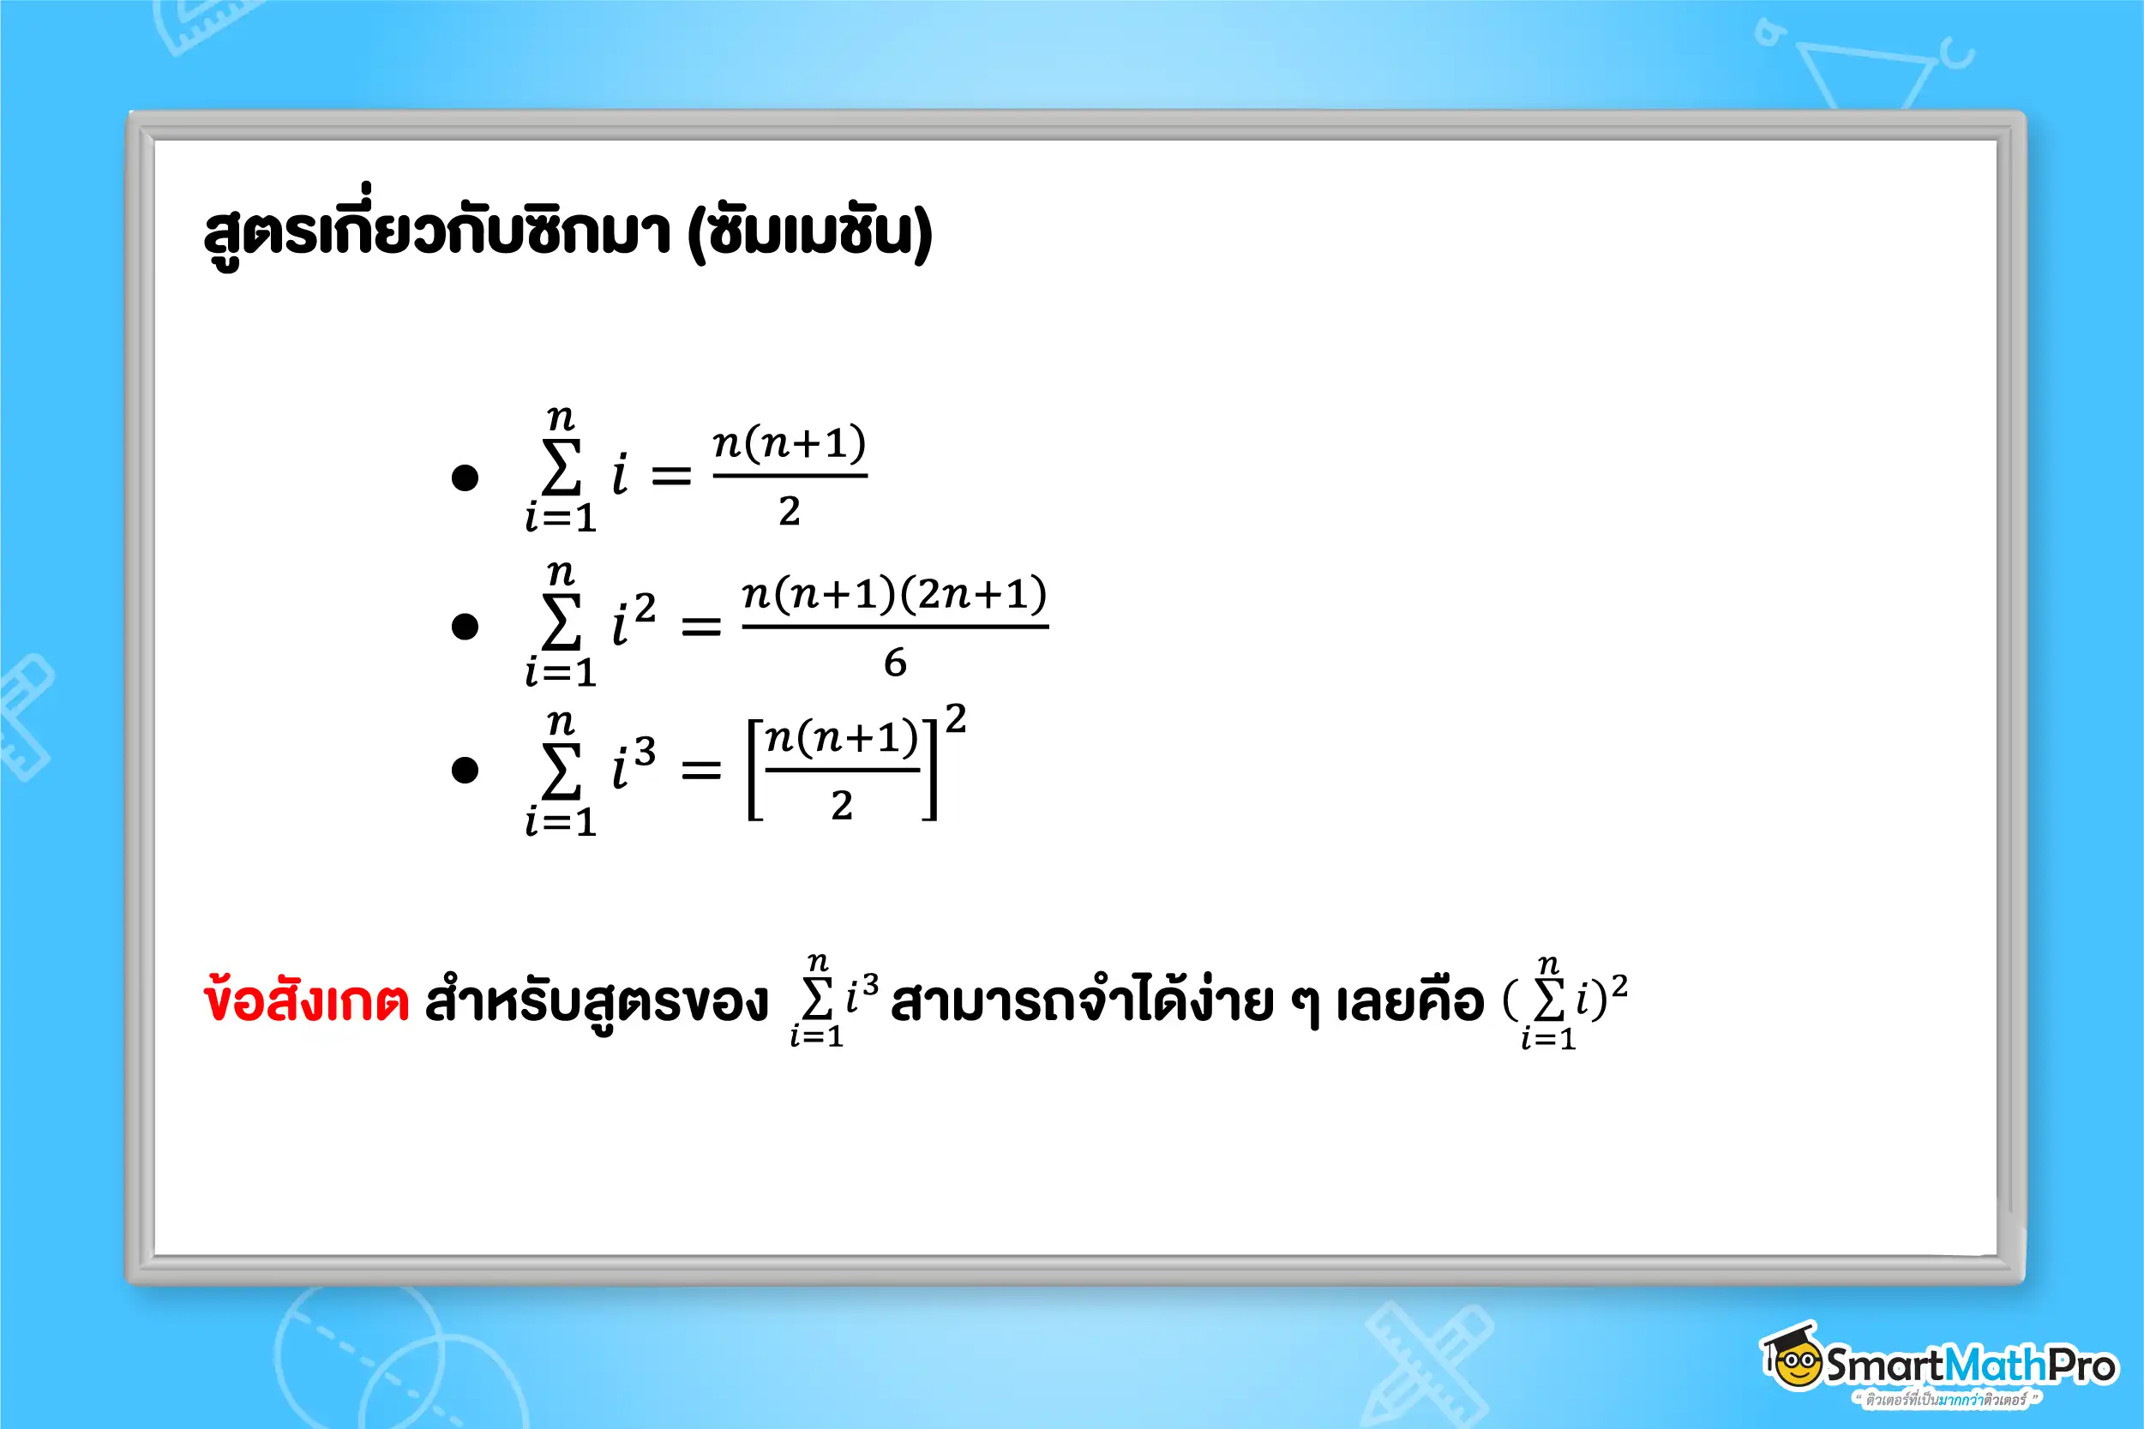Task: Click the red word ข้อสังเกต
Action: point(306,1000)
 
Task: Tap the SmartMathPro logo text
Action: point(1970,1366)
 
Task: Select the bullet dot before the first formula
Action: point(465,477)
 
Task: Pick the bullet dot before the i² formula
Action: point(465,626)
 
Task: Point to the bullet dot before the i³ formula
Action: point(465,770)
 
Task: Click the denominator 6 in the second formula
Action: point(895,663)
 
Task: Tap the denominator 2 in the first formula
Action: point(789,511)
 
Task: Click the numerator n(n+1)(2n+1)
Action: point(895,594)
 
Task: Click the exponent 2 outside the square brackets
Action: point(955,719)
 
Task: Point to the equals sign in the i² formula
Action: point(700,626)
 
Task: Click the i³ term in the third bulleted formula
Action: point(633,763)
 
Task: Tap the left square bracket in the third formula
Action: point(754,770)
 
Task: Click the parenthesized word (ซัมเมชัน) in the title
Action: point(810,232)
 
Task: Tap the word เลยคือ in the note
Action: point(1409,1000)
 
